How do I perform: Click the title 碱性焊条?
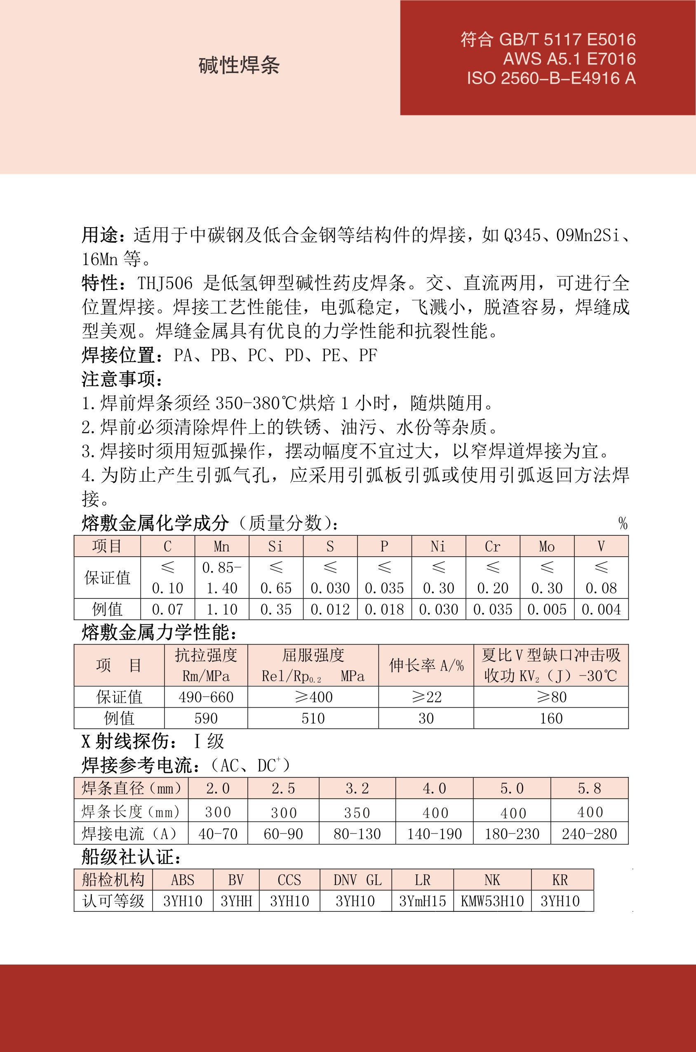pos(239,66)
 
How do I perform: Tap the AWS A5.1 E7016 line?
pos(569,59)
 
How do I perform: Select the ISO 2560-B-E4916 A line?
pos(551,79)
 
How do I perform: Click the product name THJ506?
pos(165,283)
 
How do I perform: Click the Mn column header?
pos(221,546)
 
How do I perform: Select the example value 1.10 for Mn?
pos(221,610)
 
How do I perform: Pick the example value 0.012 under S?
pos(330,610)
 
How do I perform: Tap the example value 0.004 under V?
pos(601,610)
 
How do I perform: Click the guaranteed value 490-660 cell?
pos(206,697)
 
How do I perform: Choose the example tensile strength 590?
pos(206,718)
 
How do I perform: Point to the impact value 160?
pos(551,718)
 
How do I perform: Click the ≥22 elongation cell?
pos(426,697)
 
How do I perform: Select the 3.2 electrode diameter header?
pos(357,789)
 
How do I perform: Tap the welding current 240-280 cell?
pos(589,834)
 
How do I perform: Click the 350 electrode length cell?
pos(357,812)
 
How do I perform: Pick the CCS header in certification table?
pos(289,880)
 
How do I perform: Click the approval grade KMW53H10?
pos(492,901)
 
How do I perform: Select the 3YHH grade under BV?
pos(236,901)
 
